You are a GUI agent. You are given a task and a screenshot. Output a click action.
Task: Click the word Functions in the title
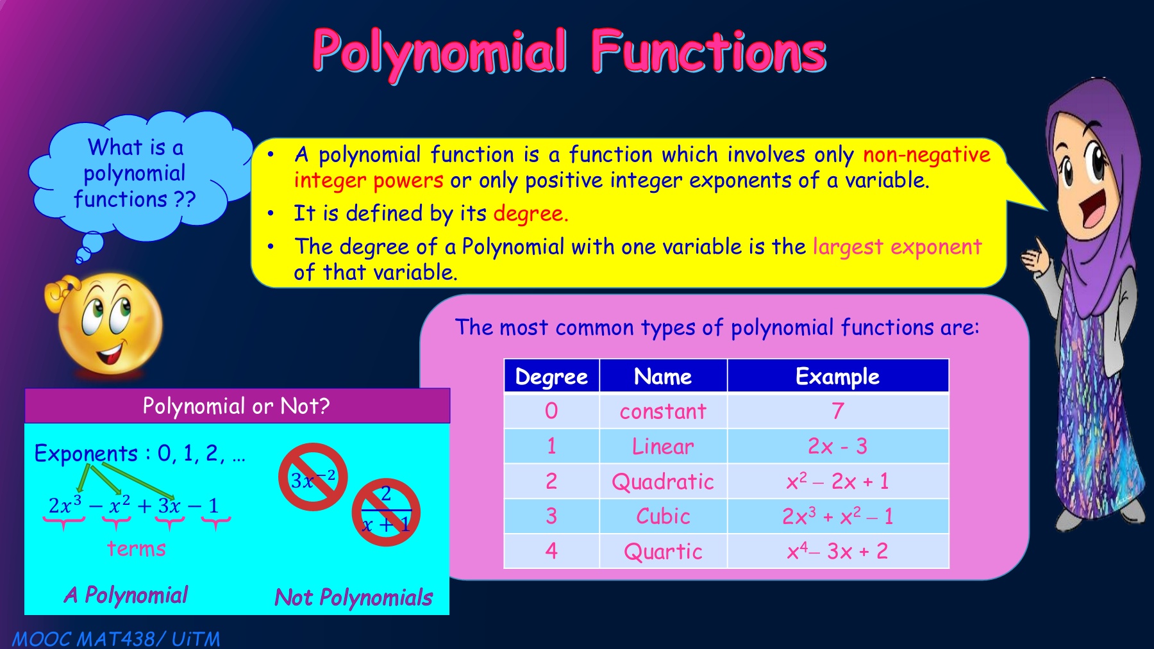tap(708, 51)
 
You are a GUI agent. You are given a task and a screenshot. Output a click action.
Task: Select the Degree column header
tap(551, 376)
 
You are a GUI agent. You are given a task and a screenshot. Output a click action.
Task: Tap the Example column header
tap(837, 376)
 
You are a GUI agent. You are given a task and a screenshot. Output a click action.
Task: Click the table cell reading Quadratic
tap(663, 481)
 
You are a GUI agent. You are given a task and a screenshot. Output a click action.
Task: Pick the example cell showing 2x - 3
tap(837, 446)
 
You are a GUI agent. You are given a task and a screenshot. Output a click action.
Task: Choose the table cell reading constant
tap(663, 411)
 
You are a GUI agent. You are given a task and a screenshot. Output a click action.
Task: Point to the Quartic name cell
tap(663, 551)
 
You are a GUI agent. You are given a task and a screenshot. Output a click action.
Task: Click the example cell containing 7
tap(837, 411)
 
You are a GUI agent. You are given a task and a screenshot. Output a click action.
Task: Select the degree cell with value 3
tap(551, 516)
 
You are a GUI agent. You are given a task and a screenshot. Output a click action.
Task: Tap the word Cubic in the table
tap(663, 516)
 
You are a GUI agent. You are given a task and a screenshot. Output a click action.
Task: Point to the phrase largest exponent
tap(898, 247)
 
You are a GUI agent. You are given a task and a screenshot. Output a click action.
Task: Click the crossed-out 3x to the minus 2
tap(313, 477)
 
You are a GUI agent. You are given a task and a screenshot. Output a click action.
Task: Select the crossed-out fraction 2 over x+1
tap(386, 512)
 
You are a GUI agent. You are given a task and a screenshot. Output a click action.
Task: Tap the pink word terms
tap(137, 549)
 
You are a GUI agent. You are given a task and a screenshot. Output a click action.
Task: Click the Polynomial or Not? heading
tap(236, 406)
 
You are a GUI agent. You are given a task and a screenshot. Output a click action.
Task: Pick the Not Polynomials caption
tap(354, 597)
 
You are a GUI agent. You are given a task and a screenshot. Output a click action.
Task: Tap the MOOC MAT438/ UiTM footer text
tap(116, 639)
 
